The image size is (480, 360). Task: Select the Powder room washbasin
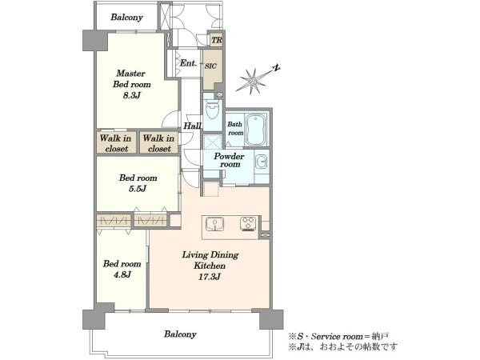click(x=261, y=162)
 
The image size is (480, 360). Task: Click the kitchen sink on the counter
click(x=214, y=224)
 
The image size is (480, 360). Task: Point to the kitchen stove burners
click(x=248, y=224)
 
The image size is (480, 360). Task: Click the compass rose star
click(x=251, y=81)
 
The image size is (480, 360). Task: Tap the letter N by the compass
click(x=276, y=68)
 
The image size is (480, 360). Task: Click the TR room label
click(x=217, y=40)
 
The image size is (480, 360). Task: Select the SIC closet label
click(x=210, y=66)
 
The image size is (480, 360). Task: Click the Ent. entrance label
click(x=188, y=63)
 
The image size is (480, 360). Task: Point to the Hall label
click(x=192, y=126)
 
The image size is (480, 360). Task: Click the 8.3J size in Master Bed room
click(x=132, y=95)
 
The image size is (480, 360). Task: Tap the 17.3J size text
click(x=210, y=277)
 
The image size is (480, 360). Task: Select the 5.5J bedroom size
click(x=138, y=189)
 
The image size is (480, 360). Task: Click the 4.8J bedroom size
click(x=122, y=274)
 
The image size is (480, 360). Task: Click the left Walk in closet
click(x=116, y=143)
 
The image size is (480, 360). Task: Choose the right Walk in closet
click(x=158, y=143)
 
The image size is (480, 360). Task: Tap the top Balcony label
click(x=126, y=17)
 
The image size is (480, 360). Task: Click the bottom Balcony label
click(x=180, y=334)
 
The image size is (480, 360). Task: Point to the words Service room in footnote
click(x=336, y=337)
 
